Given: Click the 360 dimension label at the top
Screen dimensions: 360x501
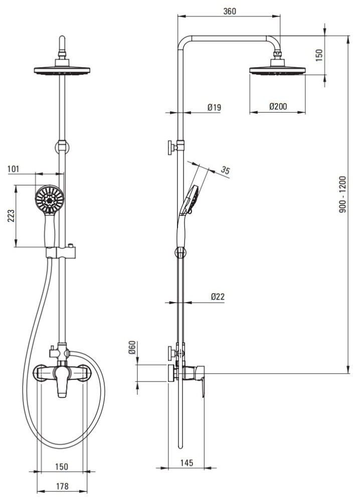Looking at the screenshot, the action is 229,11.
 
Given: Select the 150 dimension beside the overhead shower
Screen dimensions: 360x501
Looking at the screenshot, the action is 319,55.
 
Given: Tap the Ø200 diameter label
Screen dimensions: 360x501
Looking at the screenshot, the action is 278,106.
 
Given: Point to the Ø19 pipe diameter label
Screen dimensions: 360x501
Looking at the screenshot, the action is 214,107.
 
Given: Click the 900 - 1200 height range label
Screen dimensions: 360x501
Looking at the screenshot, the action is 343,194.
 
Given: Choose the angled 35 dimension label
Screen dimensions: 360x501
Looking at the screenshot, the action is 226,170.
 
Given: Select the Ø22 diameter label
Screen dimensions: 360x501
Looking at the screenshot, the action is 218,297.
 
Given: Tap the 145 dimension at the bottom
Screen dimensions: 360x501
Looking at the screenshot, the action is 187,462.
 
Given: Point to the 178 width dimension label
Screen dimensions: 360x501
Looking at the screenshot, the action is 62,486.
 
